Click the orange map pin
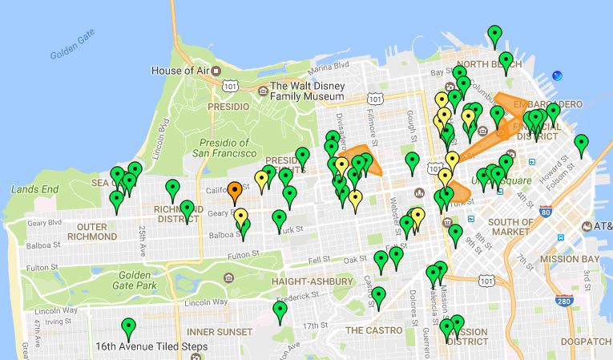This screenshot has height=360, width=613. (x=234, y=192)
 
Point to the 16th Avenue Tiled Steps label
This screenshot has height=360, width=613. (x=151, y=347)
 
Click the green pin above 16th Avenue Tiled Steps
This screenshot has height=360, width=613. (x=127, y=328)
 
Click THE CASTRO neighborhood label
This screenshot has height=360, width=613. (x=372, y=330)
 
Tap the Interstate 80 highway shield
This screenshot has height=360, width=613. (x=545, y=212)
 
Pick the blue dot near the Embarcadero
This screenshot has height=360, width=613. (x=557, y=76)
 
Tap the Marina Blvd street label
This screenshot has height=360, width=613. (x=329, y=65)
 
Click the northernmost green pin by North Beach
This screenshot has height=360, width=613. (x=495, y=34)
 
